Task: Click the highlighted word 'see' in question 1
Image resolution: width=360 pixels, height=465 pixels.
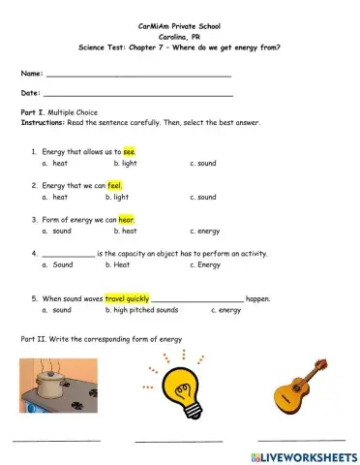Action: (131, 152)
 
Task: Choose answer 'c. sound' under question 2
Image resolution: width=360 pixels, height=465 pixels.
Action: (203, 197)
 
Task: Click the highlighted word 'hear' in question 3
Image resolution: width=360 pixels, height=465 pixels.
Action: (127, 220)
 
